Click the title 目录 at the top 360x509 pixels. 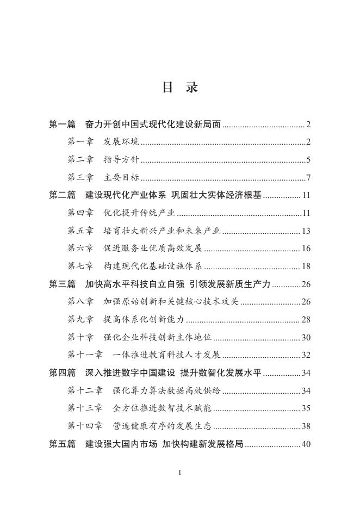(x=180, y=88)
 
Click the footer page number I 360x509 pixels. (x=179, y=473)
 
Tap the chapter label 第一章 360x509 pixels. (x=80, y=142)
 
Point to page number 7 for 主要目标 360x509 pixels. (x=308, y=178)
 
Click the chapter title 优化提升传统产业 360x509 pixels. (x=139, y=213)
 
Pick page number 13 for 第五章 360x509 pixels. (x=306, y=231)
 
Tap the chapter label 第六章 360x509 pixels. (x=80, y=249)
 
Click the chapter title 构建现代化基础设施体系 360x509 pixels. (x=152, y=266)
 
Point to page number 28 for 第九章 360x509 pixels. (x=306, y=320)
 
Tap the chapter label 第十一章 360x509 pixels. (x=85, y=355)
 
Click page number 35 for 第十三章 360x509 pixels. (x=306, y=408)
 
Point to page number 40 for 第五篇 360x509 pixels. (x=306, y=444)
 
